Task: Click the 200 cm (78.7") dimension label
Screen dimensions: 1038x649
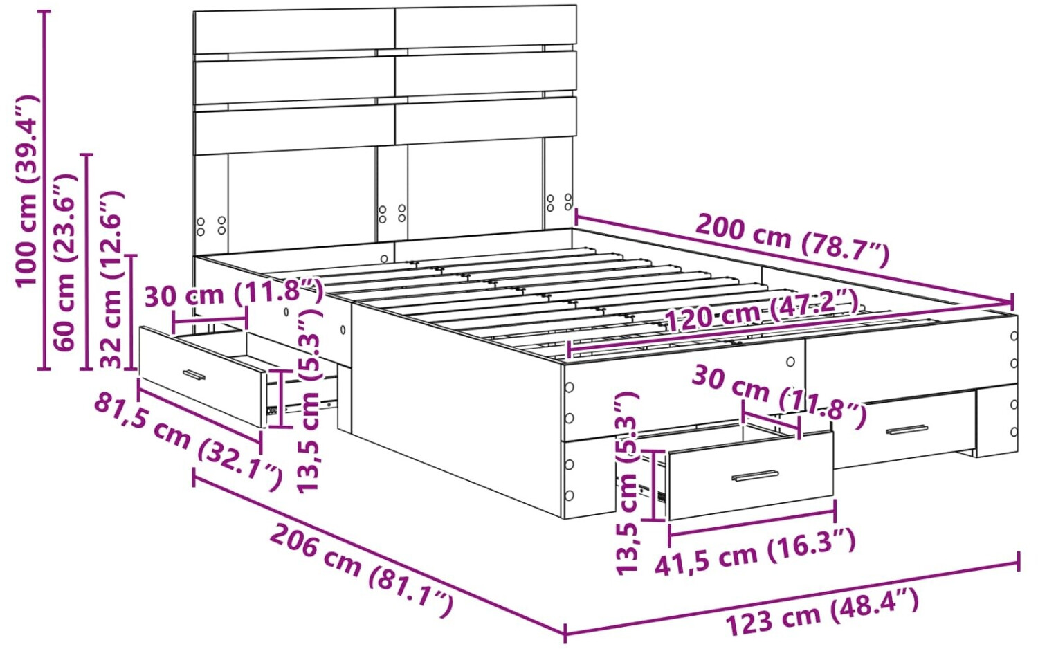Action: coord(792,240)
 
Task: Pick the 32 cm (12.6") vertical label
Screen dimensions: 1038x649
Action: coord(111,280)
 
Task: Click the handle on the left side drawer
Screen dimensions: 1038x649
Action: coord(194,374)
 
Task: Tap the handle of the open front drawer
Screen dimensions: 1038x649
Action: coord(755,476)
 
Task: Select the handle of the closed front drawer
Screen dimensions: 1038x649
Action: coord(907,430)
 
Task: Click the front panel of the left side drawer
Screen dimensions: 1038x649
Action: coord(202,376)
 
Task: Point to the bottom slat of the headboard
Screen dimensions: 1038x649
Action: coord(385,126)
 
